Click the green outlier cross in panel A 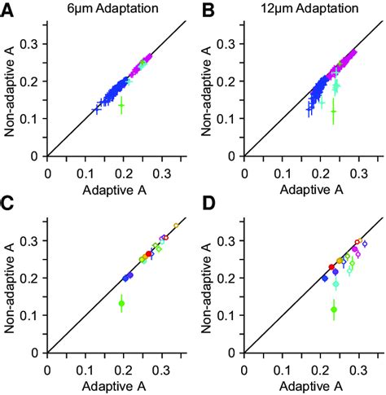coord(121,105)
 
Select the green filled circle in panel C coord(121,304)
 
